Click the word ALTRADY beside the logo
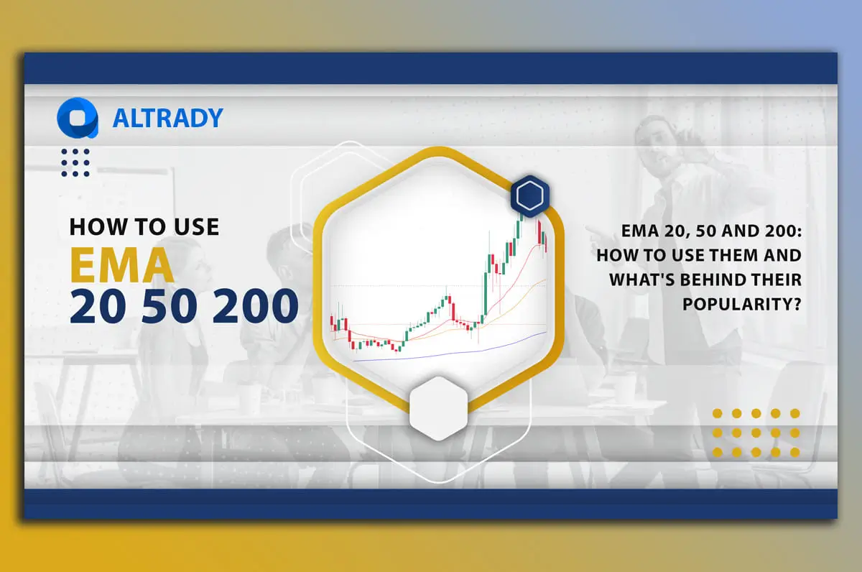(x=167, y=118)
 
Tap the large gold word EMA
(x=122, y=265)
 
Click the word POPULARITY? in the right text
(x=741, y=303)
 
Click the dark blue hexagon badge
(x=530, y=195)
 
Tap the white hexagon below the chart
(x=438, y=408)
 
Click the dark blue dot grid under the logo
(x=75, y=162)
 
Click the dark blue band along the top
(x=431, y=68)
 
